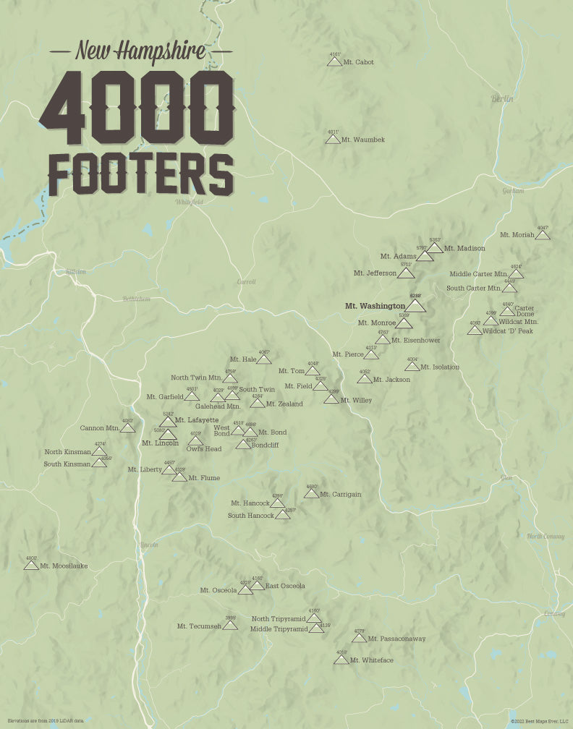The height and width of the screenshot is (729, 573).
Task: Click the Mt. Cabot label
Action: (x=358, y=62)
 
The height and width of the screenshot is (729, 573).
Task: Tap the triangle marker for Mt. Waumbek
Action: (x=333, y=139)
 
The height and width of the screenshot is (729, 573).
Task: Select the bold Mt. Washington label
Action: (x=375, y=306)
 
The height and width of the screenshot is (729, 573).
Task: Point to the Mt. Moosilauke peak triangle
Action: (x=31, y=565)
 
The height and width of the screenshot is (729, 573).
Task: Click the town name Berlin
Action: (x=502, y=98)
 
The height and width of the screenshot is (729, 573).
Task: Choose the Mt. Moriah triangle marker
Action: (x=543, y=235)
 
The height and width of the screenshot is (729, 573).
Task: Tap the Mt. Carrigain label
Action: (x=340, y=495)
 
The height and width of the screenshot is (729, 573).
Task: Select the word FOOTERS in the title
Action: (x=140, y=174)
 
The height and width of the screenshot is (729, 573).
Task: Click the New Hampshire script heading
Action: (x=140, y=51)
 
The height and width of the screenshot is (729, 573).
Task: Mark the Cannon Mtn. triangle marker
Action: (x=127, y=427)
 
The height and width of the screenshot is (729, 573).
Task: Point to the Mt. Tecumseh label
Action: (x=199, y=626)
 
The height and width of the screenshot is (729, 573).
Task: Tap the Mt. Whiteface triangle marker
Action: (x=341, y=660)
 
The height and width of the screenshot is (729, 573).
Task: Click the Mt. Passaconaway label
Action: (x=396, y=639)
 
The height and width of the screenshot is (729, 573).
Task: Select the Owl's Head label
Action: (x=203, y=449)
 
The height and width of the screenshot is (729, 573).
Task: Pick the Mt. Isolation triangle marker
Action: (x=412, y=367)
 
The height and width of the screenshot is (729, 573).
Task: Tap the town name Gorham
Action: (x=512, y=191)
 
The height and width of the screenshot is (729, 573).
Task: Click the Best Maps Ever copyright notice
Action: (x=539, y=721)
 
